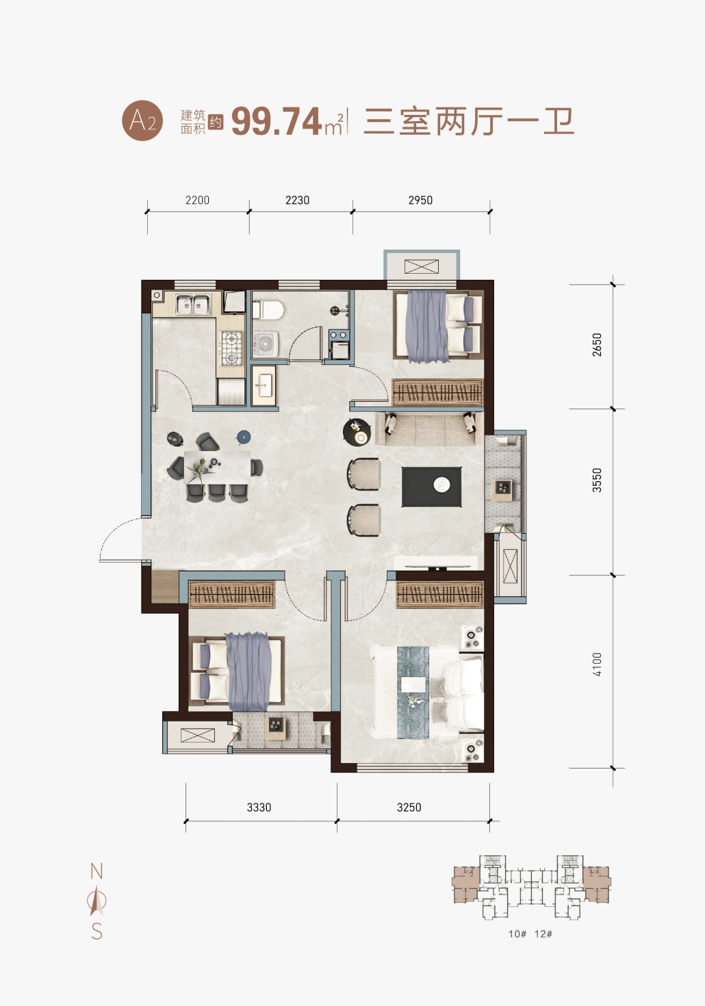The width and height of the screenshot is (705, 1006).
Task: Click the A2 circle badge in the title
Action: click(x=142, y=120)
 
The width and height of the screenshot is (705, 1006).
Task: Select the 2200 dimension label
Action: click(x=198, y=201)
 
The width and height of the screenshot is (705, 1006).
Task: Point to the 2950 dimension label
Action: click(x=420, y=201)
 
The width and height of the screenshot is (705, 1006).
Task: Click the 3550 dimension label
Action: click(x=597, y=480)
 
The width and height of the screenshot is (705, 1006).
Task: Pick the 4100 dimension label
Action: click(x=597, y=665)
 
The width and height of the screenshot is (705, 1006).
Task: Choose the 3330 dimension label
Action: click(x=259, y=808)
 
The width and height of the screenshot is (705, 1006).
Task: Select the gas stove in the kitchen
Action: click(x=231, y=348)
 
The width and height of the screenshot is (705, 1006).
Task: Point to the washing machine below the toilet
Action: click(x=265, y=345)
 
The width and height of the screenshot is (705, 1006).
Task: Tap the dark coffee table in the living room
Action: click(x=431, y=487)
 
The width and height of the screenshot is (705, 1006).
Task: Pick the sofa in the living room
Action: click(x=429, y=429)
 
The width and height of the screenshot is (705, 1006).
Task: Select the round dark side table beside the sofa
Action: click(x=357, y=432)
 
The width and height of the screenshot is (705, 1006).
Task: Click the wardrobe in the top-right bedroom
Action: click(x=437, y=393)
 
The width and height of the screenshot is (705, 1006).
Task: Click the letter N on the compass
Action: click(x=97, y=871)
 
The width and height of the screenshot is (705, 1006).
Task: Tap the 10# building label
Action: click(x=517, y=933)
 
